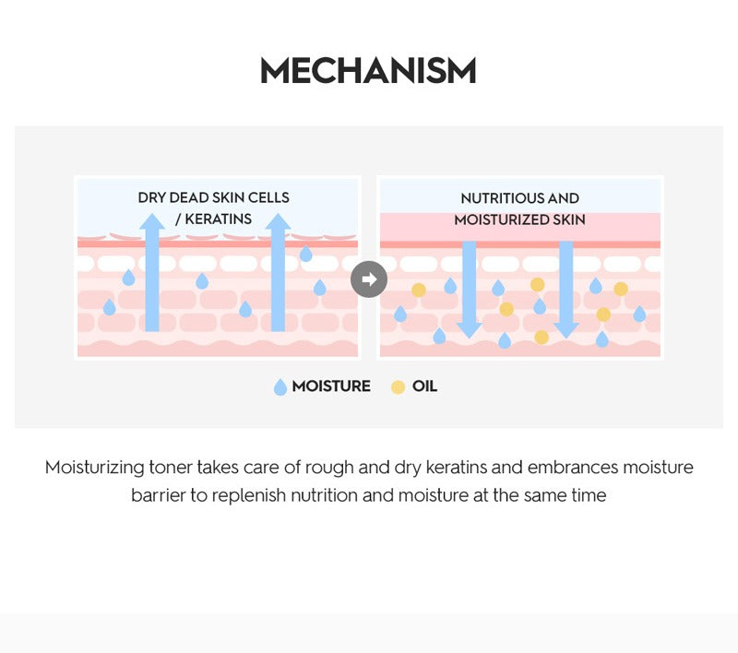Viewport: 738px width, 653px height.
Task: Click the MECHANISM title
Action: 368,71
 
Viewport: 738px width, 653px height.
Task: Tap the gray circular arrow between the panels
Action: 369,279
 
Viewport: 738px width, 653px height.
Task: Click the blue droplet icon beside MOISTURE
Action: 280,387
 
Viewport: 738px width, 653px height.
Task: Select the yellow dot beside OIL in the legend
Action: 398,387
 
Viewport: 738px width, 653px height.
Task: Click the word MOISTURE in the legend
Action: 331,386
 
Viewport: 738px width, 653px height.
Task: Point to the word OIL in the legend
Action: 424,386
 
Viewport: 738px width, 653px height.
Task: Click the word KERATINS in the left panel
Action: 218,220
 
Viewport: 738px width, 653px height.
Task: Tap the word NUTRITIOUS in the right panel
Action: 502,198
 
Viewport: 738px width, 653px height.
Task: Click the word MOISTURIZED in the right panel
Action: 501,220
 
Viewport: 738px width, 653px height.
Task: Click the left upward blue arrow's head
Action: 152,221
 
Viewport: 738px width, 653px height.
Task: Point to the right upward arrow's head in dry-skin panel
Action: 278,221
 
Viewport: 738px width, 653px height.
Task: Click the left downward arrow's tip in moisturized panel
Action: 470,338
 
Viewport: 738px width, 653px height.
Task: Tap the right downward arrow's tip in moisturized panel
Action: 566,338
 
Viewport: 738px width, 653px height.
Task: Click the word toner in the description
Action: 171,468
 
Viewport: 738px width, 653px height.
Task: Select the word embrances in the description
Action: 573,468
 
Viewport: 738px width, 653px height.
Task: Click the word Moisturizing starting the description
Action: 95,469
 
